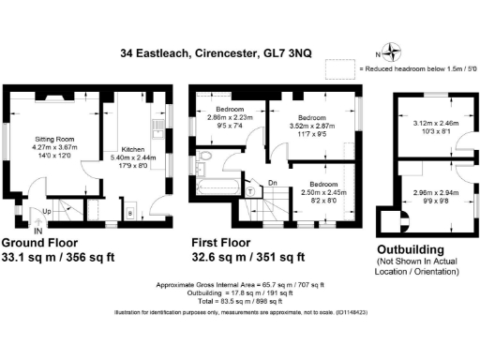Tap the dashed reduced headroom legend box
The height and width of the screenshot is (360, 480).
(x=337, y=68)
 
